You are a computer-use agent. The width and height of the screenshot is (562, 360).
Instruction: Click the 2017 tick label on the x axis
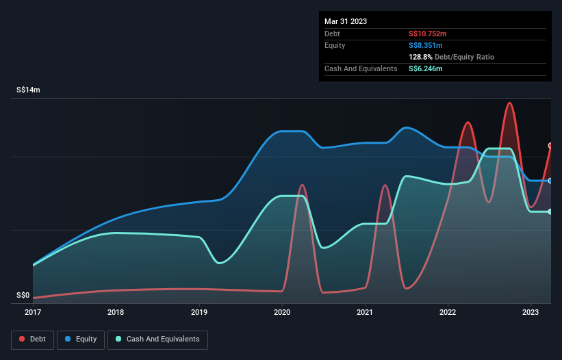click(x=33, y=312)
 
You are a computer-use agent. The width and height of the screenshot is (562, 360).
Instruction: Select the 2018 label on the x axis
click(x=116, y=312)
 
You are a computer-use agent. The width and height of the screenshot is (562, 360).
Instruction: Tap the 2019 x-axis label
click(x=199, y=312)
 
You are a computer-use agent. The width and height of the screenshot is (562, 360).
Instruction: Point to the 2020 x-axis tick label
click(x=282, y=312)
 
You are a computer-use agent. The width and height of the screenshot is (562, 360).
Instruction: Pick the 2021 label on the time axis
click(x=365, y=312)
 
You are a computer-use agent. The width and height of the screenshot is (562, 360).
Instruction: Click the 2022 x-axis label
click(x=448, y=312)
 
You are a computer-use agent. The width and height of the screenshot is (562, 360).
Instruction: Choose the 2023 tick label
click(x=531, y=312)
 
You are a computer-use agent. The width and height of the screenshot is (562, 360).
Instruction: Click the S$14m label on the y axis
click(x=28, y=90)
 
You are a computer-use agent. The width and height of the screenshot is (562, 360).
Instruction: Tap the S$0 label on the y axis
click(x=23, y=296)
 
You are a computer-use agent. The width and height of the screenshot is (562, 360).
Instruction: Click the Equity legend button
click(x=81, y=339)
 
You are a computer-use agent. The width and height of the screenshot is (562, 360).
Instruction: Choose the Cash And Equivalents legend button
click(x=157, y=339)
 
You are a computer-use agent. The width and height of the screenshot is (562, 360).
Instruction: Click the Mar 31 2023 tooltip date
click(x=346, y=21)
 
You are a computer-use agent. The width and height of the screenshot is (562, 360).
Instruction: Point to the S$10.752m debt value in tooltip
click(x=428, y=34)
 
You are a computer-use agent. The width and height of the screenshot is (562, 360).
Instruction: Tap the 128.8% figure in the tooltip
click(x=421, y=57)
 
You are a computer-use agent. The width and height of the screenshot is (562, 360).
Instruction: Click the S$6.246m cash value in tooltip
click(x=425, y=69)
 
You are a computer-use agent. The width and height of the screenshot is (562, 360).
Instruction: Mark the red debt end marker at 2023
click(x=550, y=146)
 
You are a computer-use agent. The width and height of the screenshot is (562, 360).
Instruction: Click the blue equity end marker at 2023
click(x=550, y=181)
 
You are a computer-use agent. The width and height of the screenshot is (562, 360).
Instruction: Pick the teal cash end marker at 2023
click(x=550, y=211)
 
